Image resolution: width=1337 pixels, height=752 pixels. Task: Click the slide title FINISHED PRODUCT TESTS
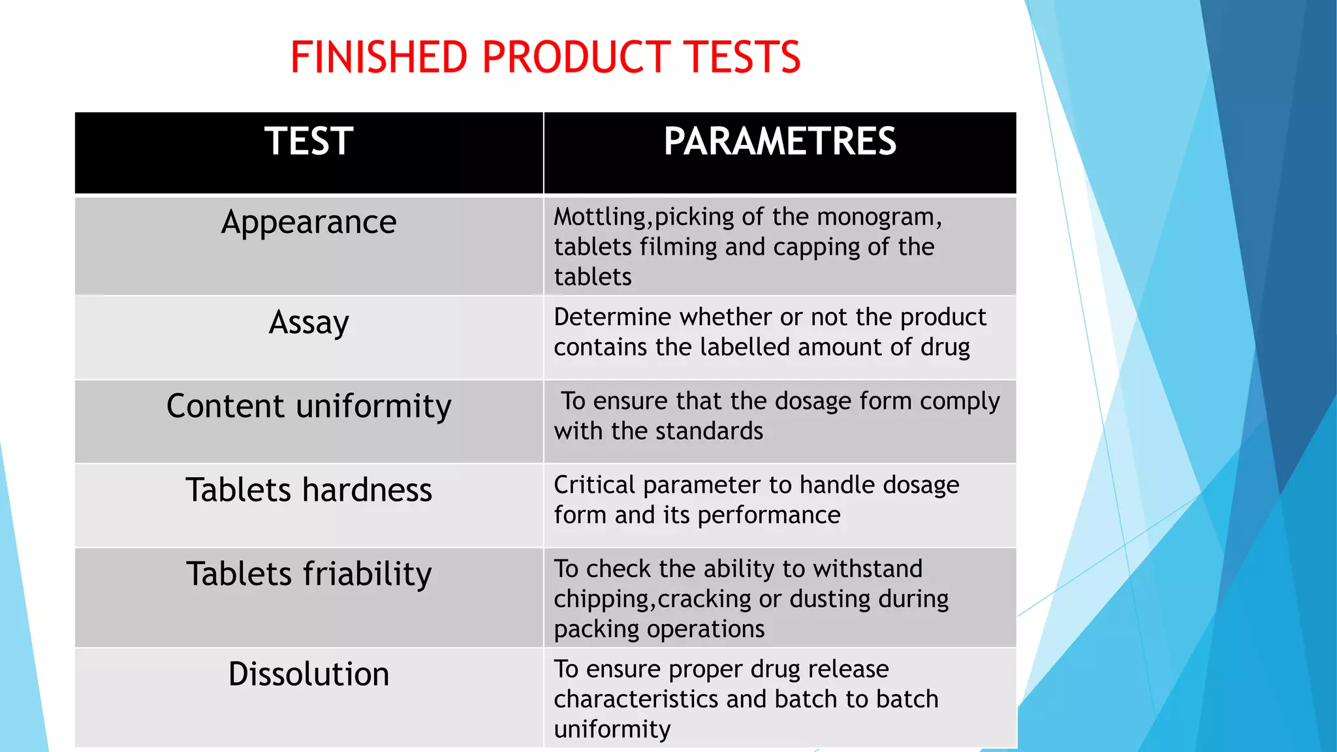pos(545,57)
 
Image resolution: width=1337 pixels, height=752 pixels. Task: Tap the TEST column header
pos(309,141)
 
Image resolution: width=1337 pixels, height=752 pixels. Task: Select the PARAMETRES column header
pos(780,141)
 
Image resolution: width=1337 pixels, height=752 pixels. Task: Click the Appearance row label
pos(309,223)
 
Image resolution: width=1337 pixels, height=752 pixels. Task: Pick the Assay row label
pos(309,322)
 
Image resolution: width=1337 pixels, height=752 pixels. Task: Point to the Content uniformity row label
pos(309,406)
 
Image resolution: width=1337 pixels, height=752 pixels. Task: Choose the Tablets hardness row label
pos(309,490)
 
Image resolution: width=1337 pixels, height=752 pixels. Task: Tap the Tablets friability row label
pos(309,574)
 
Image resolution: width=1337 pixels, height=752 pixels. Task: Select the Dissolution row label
pos(309,674)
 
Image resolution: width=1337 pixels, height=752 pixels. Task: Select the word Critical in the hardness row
pos(594,485)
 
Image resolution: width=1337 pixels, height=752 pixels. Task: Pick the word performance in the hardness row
pos(768,516)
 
